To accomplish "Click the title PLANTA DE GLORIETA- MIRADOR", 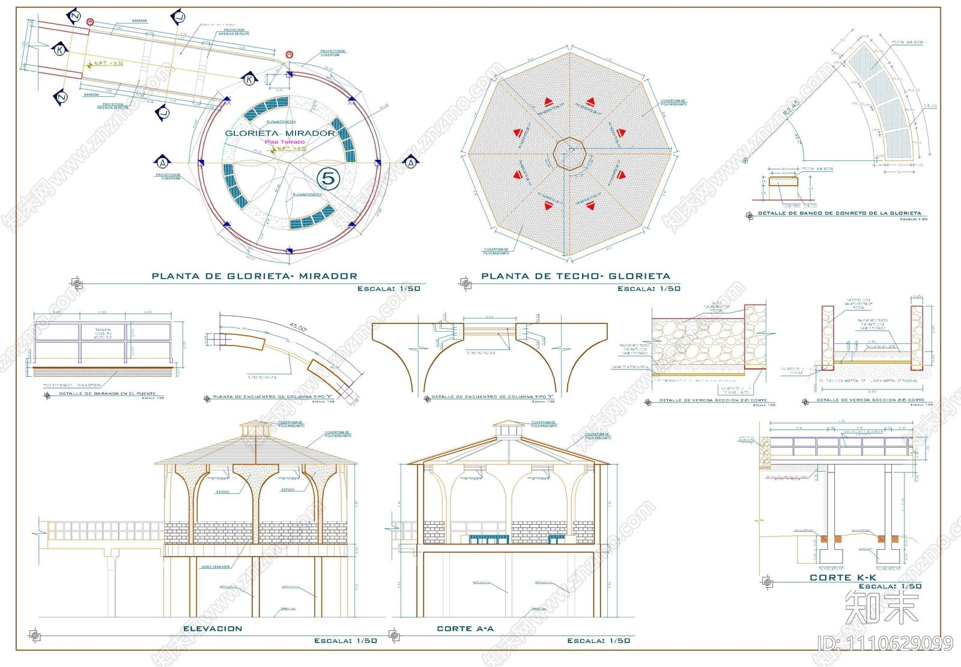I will (254, 276).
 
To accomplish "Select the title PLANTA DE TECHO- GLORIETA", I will (575, 276).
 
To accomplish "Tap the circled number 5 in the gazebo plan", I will (329, 178).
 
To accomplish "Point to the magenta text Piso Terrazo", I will (285, 142).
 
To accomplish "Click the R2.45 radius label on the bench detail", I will (792, 108).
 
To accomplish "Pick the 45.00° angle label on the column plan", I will (299, 327).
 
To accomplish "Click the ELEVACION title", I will (213, 629).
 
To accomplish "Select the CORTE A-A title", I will (465, 629).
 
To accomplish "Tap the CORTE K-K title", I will (843, 577).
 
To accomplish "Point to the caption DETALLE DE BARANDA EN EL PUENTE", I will (107, 394).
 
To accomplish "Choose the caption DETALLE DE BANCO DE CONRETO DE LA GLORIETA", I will (839, 213).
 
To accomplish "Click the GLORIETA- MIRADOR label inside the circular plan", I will (280, 133).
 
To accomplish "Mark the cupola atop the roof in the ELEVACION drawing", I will (255, 429).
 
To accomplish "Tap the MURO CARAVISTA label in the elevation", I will (216, 567).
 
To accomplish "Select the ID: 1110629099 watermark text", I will (885, 644).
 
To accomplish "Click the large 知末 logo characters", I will (881, 607).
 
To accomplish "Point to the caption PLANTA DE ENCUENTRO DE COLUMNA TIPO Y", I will (273, 397).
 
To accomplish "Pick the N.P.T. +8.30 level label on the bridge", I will (108, 63).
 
